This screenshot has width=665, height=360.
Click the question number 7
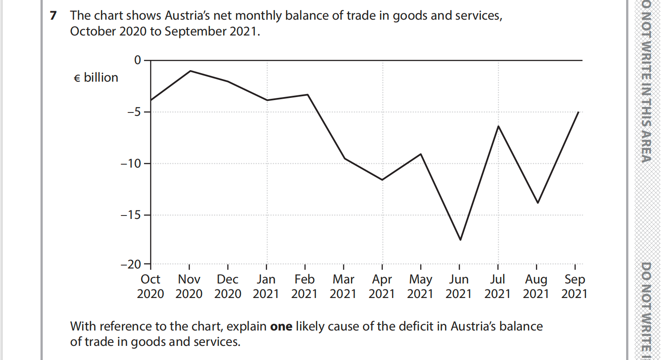[53, 16]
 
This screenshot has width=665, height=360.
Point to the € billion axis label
[96, 78]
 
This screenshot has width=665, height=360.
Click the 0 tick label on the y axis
[138, 60]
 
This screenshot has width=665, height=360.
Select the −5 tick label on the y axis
[134, 112]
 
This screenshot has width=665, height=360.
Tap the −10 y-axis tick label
[130, 163]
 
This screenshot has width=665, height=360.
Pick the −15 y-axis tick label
[130, 215]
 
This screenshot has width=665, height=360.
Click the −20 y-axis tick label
[130, 265]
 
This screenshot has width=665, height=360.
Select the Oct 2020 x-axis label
[150, 286]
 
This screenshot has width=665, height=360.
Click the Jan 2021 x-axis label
[266, 286]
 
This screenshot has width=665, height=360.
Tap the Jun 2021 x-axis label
[459, 286]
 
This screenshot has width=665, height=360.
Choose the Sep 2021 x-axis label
[574, 286]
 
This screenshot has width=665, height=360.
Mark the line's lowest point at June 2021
[460, 240]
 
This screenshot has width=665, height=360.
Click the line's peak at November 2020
[190, 71]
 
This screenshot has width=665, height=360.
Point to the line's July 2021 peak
[498, 126]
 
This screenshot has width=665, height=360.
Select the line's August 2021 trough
[538, 203]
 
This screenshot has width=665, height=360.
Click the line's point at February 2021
[307, 94]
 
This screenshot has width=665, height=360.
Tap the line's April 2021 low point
[383, 180]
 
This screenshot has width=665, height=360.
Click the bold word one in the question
[281, 327]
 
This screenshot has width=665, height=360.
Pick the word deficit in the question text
[415, 327]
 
